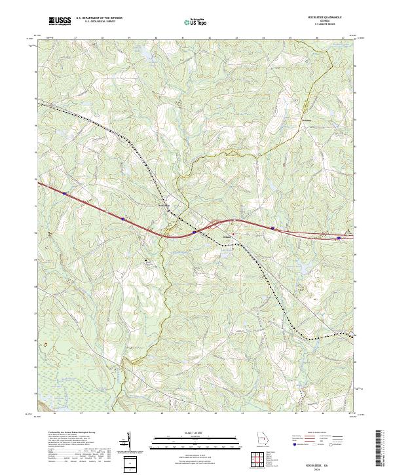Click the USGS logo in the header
point(60,21)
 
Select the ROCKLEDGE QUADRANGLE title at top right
point(330,18)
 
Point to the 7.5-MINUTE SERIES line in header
point(330,26)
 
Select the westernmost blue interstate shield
point(64,193)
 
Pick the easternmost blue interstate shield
point(339,238)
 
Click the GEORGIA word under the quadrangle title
point(330,22)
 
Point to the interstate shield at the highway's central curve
point(195,231)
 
